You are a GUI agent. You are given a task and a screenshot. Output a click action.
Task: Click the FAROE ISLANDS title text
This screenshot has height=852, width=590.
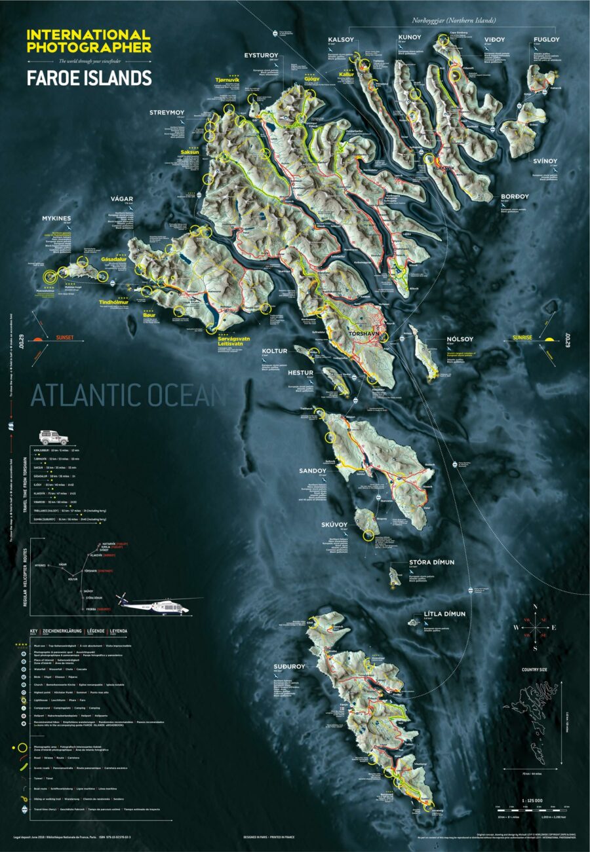(x=88, y=78)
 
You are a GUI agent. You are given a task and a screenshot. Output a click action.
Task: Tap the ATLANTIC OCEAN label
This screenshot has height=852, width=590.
(x=128, y=396)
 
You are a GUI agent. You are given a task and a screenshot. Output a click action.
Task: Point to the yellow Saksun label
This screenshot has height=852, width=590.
(x=189, y=153)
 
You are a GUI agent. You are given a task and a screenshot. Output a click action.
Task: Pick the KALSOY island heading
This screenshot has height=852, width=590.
(x=341, y=39)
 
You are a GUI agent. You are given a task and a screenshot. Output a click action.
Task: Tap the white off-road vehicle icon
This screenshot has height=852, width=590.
(x=53, y=437)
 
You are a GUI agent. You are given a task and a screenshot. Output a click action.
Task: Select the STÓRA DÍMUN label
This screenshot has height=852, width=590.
(x=431, y=562)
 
